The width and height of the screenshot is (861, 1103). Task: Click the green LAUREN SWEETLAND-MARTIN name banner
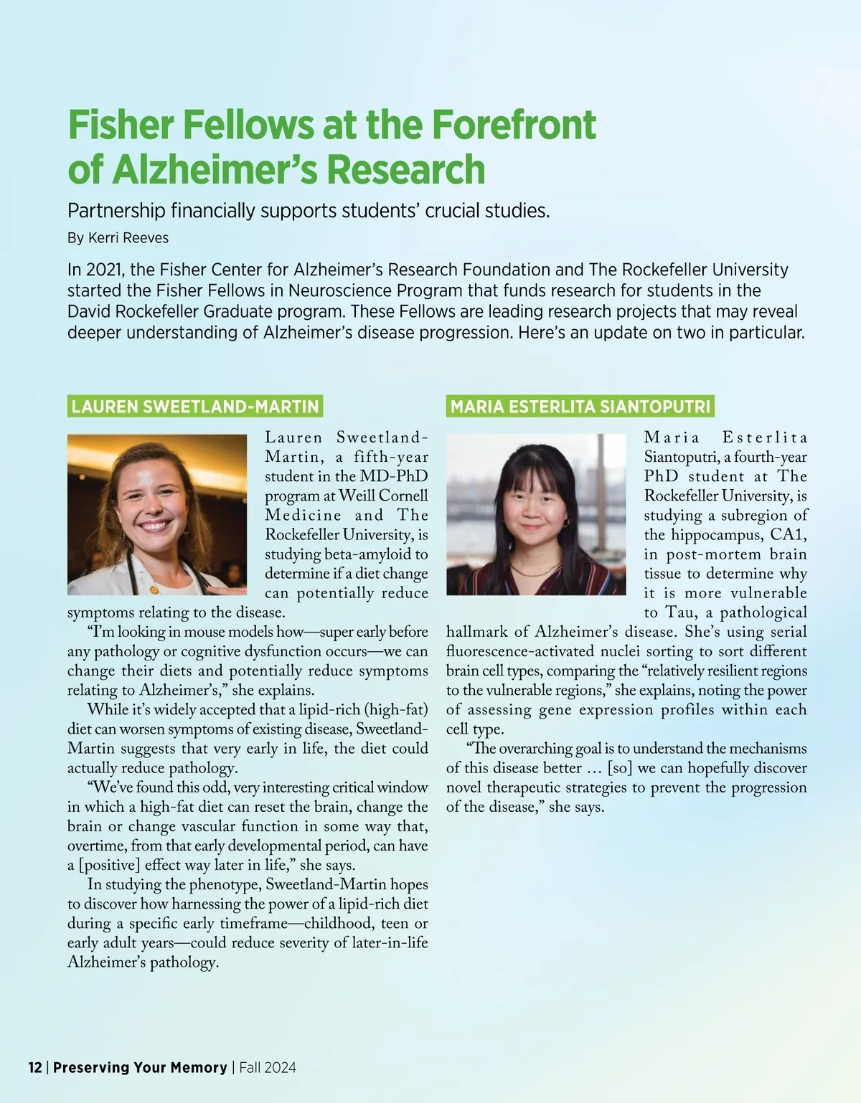pyautogui.click(x=194, y=407)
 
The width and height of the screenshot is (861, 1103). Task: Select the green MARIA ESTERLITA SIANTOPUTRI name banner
pyautogui.click(x=580, y=407)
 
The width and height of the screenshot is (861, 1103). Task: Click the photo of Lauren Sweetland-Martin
pyautogui.click(x=157, y=514)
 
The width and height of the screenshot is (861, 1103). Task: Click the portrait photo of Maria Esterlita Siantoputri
pyautogui.click(x=536, y=514)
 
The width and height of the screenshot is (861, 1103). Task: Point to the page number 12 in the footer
pyautogui.click(x=35, y=1067)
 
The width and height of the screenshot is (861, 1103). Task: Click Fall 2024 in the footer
pyautogui.click(x=268, y=1067)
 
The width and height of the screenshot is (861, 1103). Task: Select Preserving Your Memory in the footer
pyautogui.click(x=140, y=1067)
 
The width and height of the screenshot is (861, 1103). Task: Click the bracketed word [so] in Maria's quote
pyautogui.click(x=620, y=768)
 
